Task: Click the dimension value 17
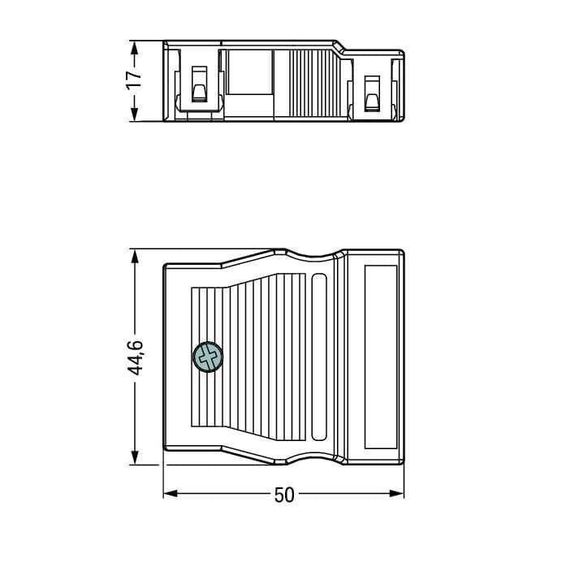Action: pyautogui.click(x=134, y=80)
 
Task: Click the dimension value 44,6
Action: pyautogui.click(x=135, y=357)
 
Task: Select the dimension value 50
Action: pyautogui.click(x=284, y=495)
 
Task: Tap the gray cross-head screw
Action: pyautogui.click(x=207, y=357)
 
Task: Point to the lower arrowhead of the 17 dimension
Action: pyautogui.click(x=134, y=113)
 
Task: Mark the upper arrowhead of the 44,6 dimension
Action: pyautogui.click(x=134, y=257)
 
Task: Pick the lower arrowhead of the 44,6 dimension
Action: pyautogui.click(x=134, y=456)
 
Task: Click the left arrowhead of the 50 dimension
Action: pyautogui.click(x=171, y=494)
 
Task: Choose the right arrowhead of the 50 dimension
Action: pyautogui.click(x=397, y=494)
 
